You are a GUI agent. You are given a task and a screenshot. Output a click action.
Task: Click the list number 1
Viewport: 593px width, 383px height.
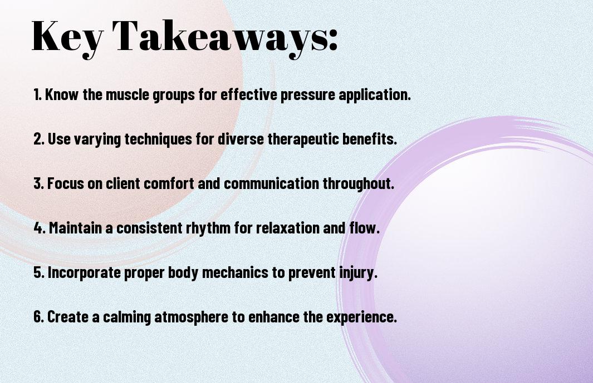[37, 94]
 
